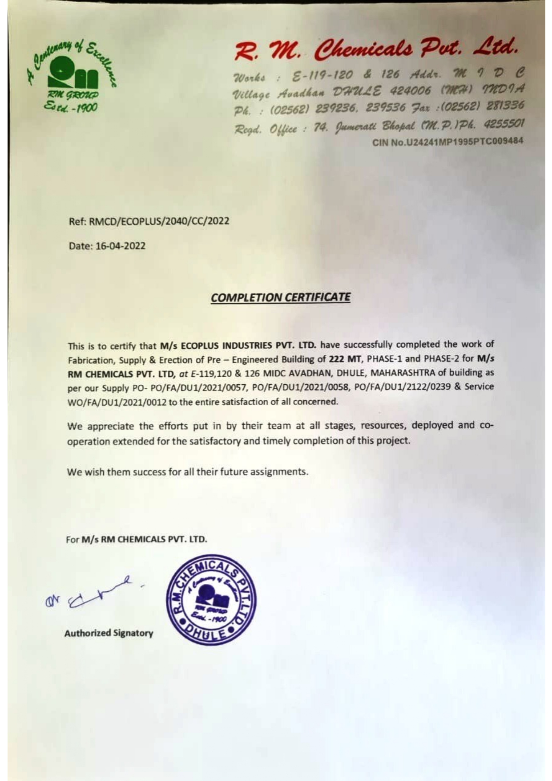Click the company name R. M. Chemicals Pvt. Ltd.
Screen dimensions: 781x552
376,50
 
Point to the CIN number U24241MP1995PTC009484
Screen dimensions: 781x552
448,142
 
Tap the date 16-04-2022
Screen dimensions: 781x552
120,246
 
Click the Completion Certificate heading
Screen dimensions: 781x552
280,297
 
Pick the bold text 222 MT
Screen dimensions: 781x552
345,359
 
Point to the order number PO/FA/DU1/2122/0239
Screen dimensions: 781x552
402,387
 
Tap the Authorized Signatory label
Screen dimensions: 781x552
109,633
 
